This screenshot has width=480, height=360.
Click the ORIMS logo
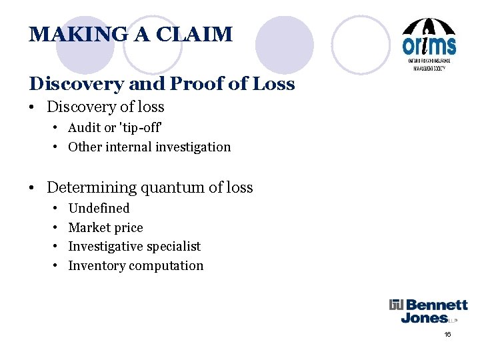click(x=429, y=44)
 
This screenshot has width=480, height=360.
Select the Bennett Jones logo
click(x=429, y=311)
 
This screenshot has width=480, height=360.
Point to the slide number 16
click(x=447, y=334)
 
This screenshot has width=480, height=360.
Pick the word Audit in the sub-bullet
click(x=84, y=127)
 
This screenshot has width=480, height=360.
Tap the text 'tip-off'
click(x=139, y=127)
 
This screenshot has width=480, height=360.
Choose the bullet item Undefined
click(x=99, y=208)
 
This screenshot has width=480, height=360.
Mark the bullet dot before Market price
click(x=53, y=228)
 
